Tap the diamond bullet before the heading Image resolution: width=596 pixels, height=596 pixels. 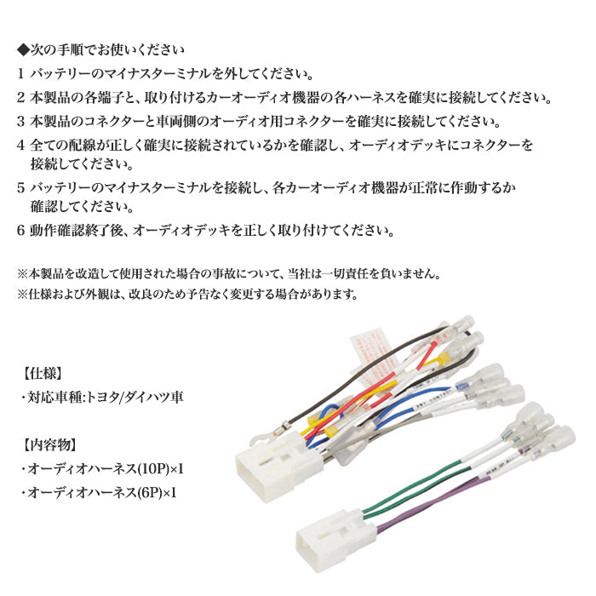tap(23, 49)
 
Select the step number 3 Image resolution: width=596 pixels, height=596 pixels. tap(20, 121)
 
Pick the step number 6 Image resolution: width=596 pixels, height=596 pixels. tap(20, 231)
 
